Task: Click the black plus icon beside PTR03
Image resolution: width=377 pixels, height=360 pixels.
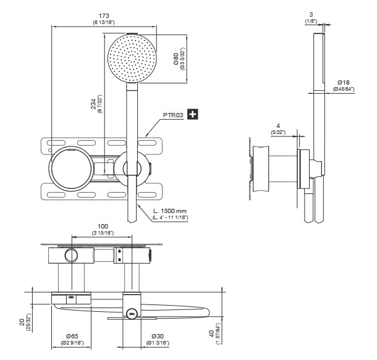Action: (x=193, y=114)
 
